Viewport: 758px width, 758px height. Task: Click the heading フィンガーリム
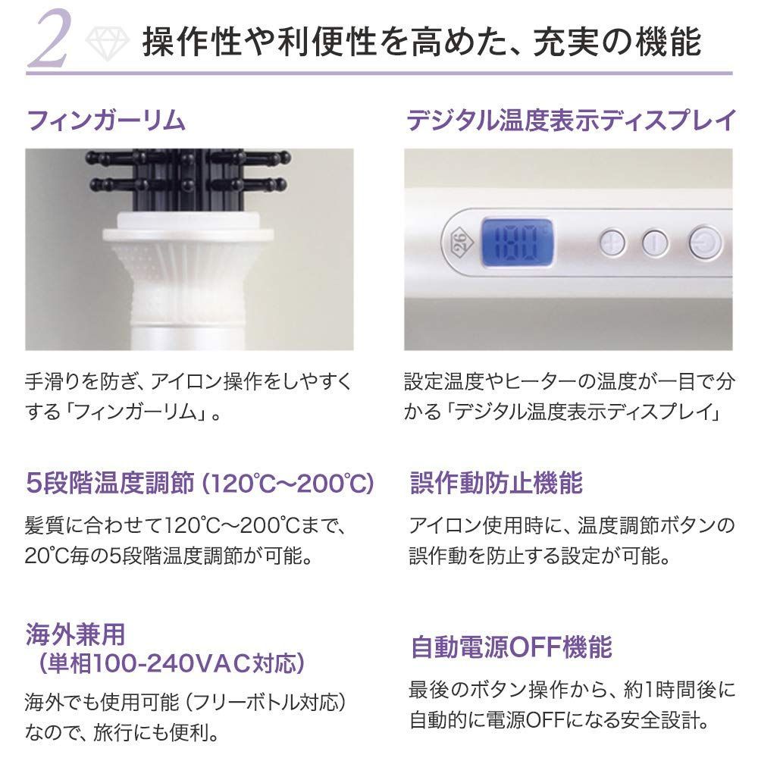(105, 121)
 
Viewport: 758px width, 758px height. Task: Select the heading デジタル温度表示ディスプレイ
(571, 121)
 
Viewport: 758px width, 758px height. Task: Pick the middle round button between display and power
(653, 243)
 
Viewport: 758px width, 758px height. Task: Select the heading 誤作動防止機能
(496, 483)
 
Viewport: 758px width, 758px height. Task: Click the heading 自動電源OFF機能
(510, 647)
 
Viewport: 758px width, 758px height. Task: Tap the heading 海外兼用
(74, 633)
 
